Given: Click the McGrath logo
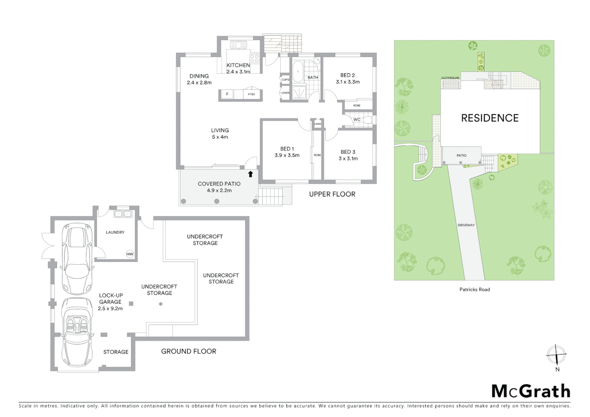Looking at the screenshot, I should pos(531,391).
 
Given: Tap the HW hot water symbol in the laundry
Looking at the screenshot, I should pos(130,254).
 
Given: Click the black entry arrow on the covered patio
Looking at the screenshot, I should pos(250,174).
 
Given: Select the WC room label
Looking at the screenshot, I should pos(357,120).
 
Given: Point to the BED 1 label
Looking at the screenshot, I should pos(287,149).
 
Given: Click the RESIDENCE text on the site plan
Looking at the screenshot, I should pos(490,118).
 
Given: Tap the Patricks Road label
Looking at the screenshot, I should pos(474,289).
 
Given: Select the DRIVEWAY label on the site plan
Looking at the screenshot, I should pos(466,225).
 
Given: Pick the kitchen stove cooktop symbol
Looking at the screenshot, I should pos(254,58).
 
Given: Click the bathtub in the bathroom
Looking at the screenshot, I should pos(297,73).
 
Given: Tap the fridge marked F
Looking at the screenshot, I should pos(227,94).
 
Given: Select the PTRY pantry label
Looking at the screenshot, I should pos(251,94).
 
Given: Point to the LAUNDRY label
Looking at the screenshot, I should pos(115,232).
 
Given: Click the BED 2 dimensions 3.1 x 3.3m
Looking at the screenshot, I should pos(348,82).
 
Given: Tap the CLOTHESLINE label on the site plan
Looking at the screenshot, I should pos(450,78).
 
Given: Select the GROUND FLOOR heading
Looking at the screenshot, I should pos(188,351).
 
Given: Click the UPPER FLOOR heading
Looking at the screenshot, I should pos(332,194).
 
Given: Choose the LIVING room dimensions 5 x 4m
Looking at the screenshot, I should pos(220,137).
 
